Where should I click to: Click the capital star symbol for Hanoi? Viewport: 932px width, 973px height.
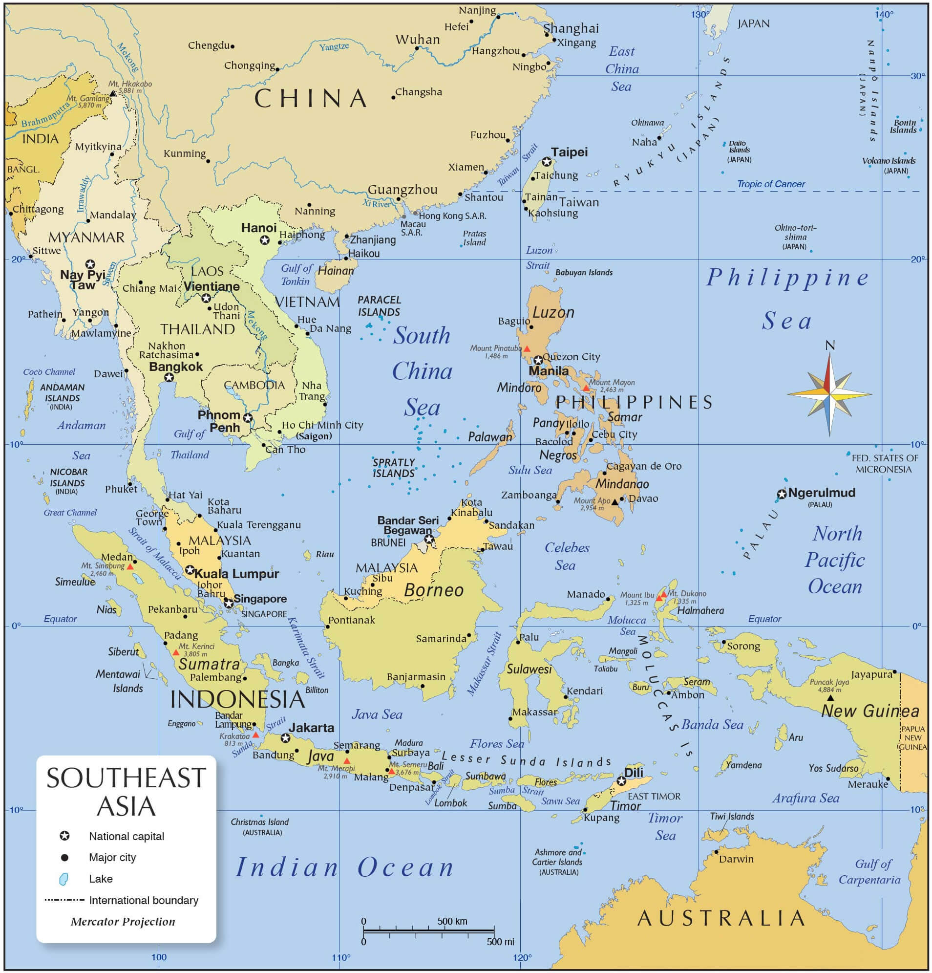pyautogui.click(x=265, y=240)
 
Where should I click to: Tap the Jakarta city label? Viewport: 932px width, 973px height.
pyautogui.click(x=311, y=728)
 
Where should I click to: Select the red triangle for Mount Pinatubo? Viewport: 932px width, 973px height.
pyautogui.click(x=527, y=349)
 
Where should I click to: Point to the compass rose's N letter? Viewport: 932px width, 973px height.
pyautogui.click(x=830, y=346)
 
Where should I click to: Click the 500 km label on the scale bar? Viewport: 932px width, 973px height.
pyautogui.click(x=452, y=921)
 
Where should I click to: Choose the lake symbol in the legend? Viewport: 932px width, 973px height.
pyautogui.click(x=64, y=879)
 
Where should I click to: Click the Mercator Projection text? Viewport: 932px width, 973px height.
pyautogui.click(x=123, y=922)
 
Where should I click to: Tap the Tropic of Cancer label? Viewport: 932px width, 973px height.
pyautogui.click(x=770, y=184)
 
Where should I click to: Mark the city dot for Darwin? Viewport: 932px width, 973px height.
pyautogui.click(x=716, y=852)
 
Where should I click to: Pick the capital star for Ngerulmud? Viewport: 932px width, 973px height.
pyautogui.click(x=782, y=494)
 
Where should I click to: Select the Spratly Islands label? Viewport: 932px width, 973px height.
pyautogui.click(x=394, y=468)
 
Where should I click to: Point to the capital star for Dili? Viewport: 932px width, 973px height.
pyautogui.click(x=621, y=781)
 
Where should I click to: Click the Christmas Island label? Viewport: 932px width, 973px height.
pyautogui.click(x=259, y=822)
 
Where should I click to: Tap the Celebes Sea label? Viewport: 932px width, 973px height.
pyautogui.click(x=566, y=557)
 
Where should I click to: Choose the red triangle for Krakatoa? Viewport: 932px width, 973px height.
pyautogui.click(x=255, y=735)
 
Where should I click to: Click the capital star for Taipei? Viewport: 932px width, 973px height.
pyautogui.click(x=547, y=162)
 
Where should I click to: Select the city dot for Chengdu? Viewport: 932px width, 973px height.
pyautogui.click(x=232, y=46)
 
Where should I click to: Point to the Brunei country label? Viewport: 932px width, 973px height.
pyautogui.click(x=388, y=542)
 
